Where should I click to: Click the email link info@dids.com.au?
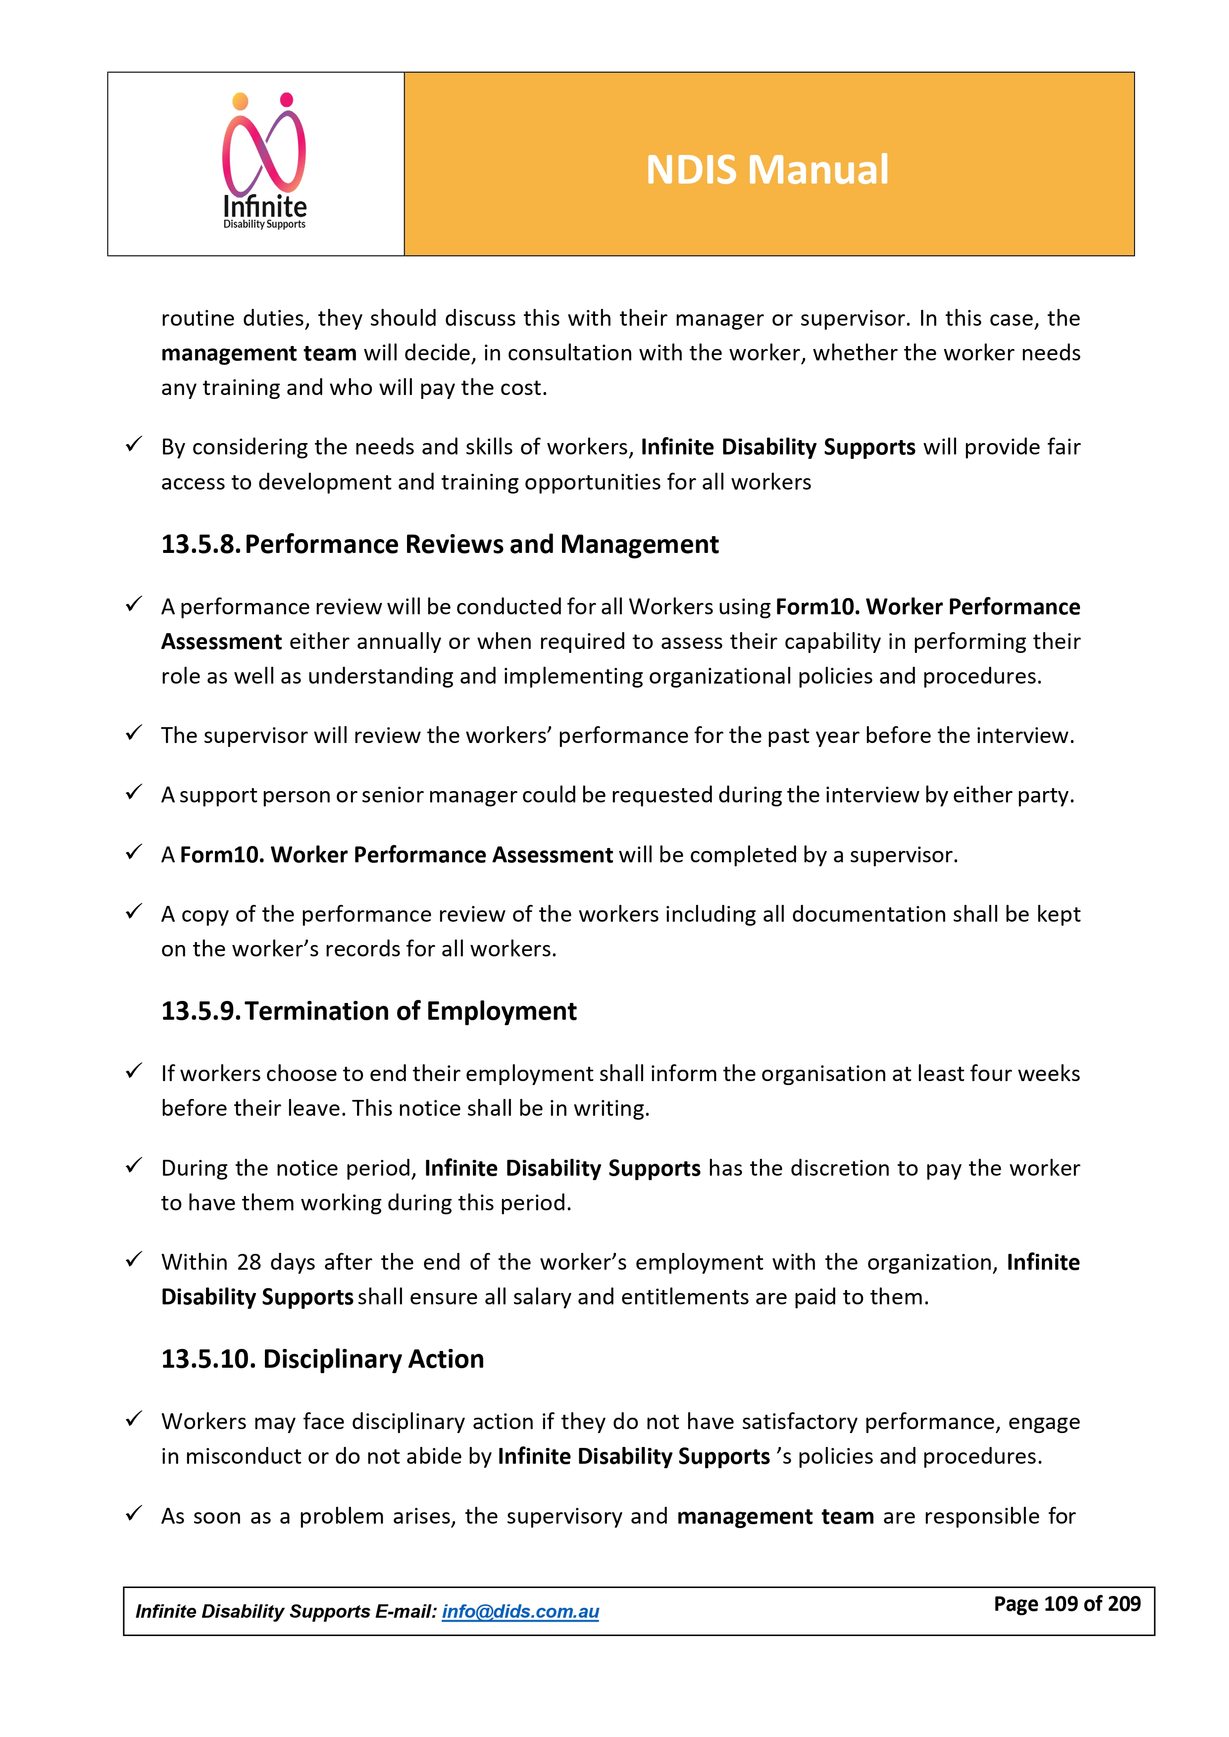pos(520,1611)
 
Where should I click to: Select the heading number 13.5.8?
pos(200,545)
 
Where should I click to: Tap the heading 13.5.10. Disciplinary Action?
pos(322,1359)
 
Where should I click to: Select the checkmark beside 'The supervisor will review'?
pos(134,733)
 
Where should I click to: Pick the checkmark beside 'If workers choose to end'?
pos(134,1071)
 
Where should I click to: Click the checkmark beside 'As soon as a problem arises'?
pos(134,1514)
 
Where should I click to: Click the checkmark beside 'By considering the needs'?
pos(134,445)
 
